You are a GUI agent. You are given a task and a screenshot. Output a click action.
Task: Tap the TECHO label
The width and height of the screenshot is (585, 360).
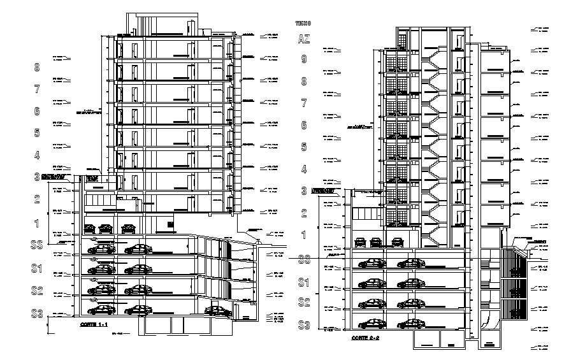click(303, 23)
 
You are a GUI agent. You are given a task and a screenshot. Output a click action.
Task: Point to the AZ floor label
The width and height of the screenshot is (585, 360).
click(304, 40)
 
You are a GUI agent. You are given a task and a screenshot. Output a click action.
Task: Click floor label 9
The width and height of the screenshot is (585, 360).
click(304, 60)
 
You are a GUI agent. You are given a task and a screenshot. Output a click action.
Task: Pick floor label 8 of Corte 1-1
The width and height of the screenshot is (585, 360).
click(37, 67)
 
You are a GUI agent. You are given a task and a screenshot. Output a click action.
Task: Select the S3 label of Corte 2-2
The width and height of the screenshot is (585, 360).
click(304, 326)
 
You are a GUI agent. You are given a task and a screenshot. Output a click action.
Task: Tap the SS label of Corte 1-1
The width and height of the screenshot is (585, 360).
click(36, 244)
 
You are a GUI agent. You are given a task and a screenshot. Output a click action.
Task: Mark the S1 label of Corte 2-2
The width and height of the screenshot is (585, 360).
click(304, 282)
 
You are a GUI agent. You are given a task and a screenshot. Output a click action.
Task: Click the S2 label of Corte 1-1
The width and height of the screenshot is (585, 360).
click(36, 291)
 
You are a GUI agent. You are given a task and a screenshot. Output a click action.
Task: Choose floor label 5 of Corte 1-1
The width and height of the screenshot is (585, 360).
click(37, 133)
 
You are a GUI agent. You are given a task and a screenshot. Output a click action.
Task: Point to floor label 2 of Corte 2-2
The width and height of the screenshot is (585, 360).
click(304, 213)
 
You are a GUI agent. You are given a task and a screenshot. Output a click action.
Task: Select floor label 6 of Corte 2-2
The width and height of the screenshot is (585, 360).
click(304, 126)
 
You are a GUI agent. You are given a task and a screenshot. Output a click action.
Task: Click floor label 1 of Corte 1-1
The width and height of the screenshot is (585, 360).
click(37, 223)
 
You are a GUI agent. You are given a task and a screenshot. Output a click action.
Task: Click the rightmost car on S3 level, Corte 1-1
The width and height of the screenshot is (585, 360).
click(217, 311)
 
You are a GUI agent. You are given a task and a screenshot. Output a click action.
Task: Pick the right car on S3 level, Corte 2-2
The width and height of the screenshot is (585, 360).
click(410, 324)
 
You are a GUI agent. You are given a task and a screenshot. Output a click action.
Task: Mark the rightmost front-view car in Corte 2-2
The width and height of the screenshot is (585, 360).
click(398, 241)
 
